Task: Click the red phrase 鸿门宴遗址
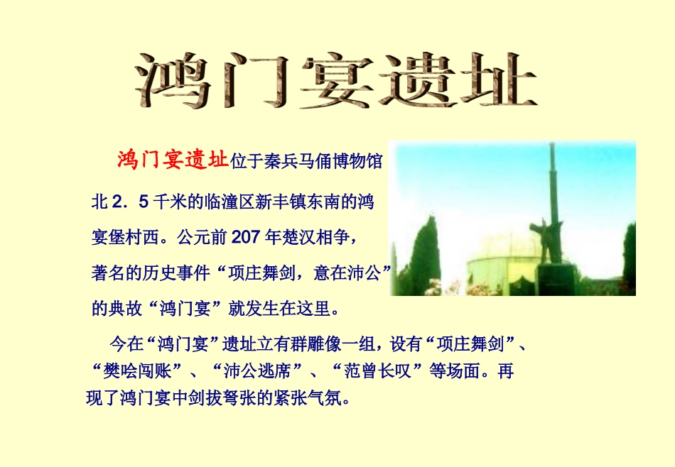[x=173, y=160]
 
